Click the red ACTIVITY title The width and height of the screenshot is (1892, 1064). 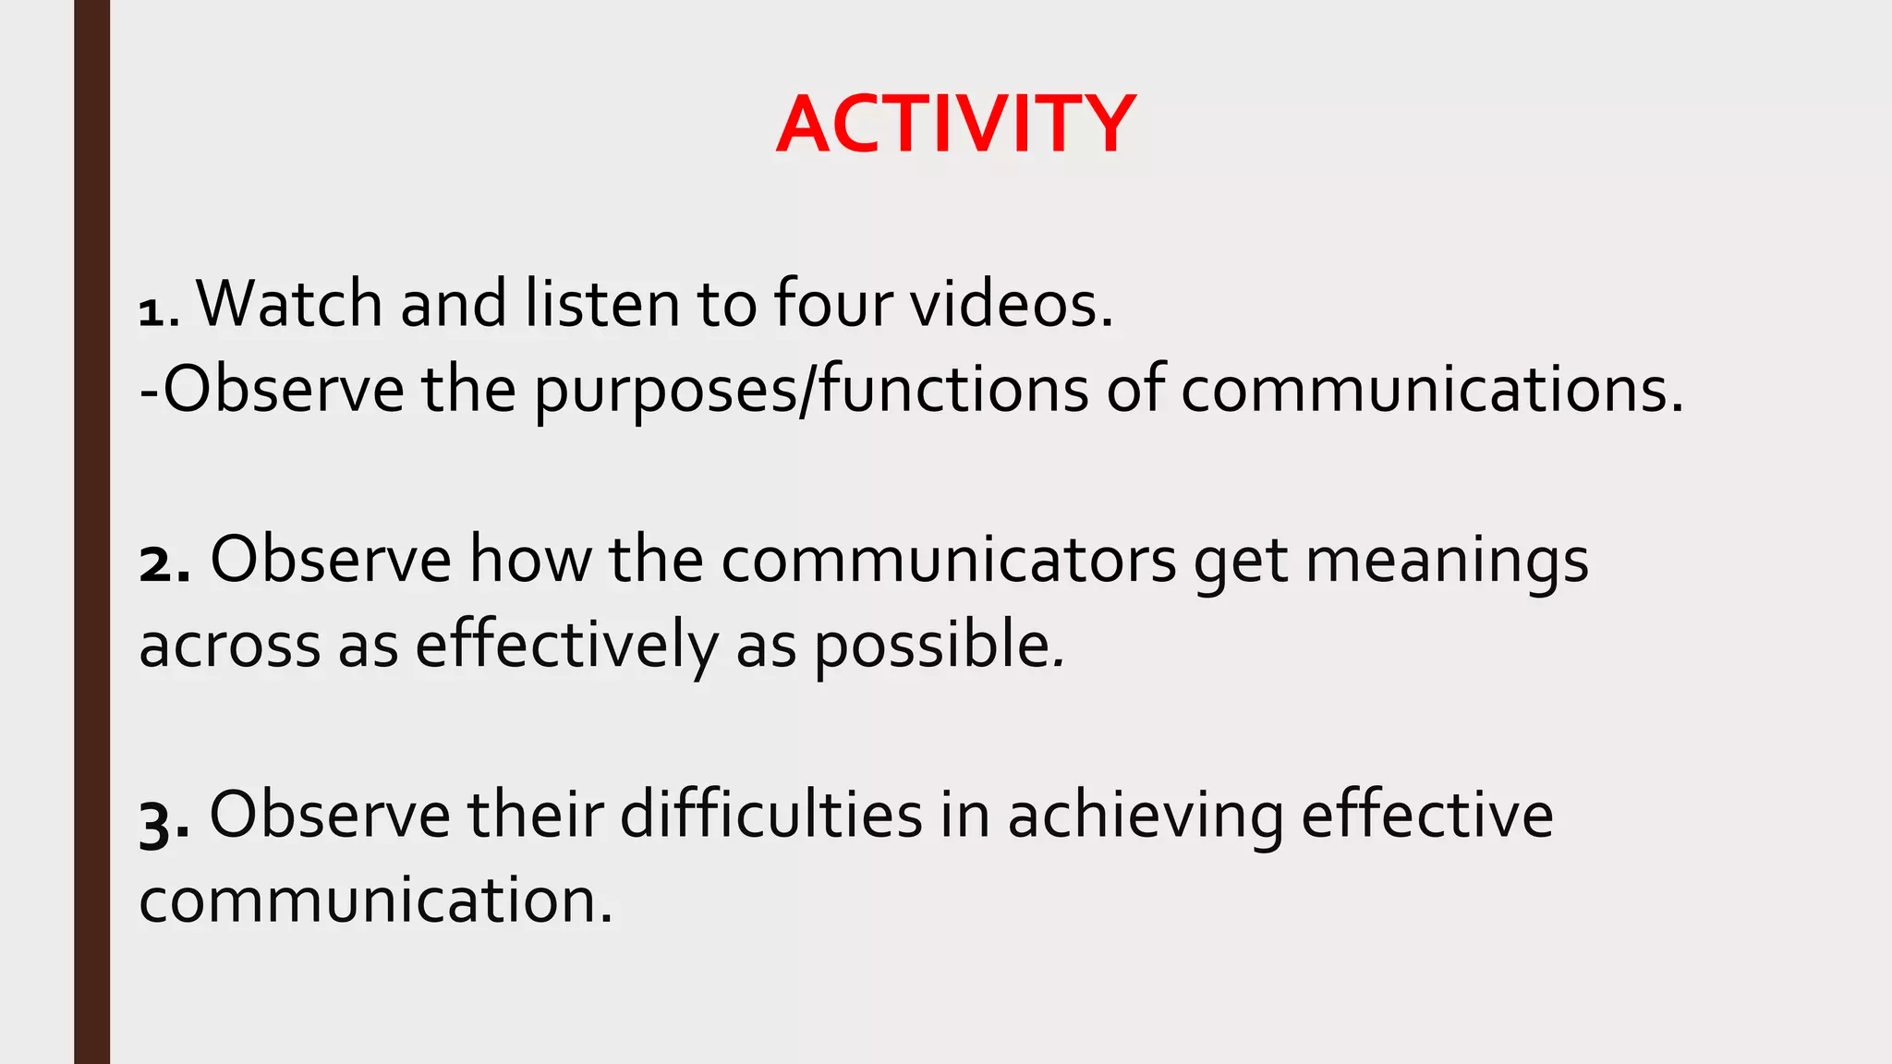(955, 125)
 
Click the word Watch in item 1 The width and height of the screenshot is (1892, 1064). (289, 303)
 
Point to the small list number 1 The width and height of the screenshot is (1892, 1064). (151, 313)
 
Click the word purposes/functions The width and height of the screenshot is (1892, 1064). (811, 390)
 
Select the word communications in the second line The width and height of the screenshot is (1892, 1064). (1430, 390)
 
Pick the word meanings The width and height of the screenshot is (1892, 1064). (1446, 562)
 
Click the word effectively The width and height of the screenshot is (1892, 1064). (565, 646)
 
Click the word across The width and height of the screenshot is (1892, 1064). (229, 646)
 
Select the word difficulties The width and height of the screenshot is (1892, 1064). (770, 815)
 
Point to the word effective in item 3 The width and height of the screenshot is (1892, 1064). (1426, 815)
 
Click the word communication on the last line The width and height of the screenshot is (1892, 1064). (374, 900)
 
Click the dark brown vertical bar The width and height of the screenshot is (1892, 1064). (91, 532)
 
